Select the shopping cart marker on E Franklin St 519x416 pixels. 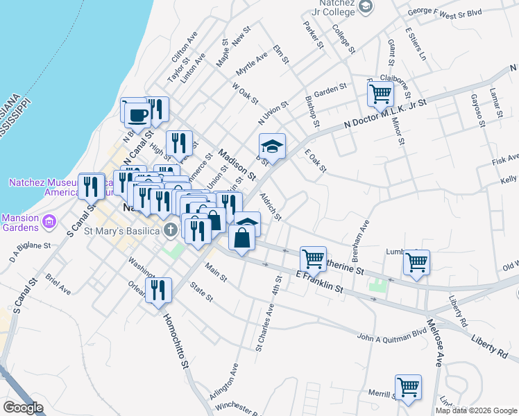click(313, 259)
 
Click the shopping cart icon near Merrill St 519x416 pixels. click(408, 387)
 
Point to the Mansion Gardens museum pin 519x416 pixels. click(49, 222)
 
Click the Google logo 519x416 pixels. click(23, 408)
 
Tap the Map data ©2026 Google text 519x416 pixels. click(476, 410)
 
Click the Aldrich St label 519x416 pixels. click(270, 207)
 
